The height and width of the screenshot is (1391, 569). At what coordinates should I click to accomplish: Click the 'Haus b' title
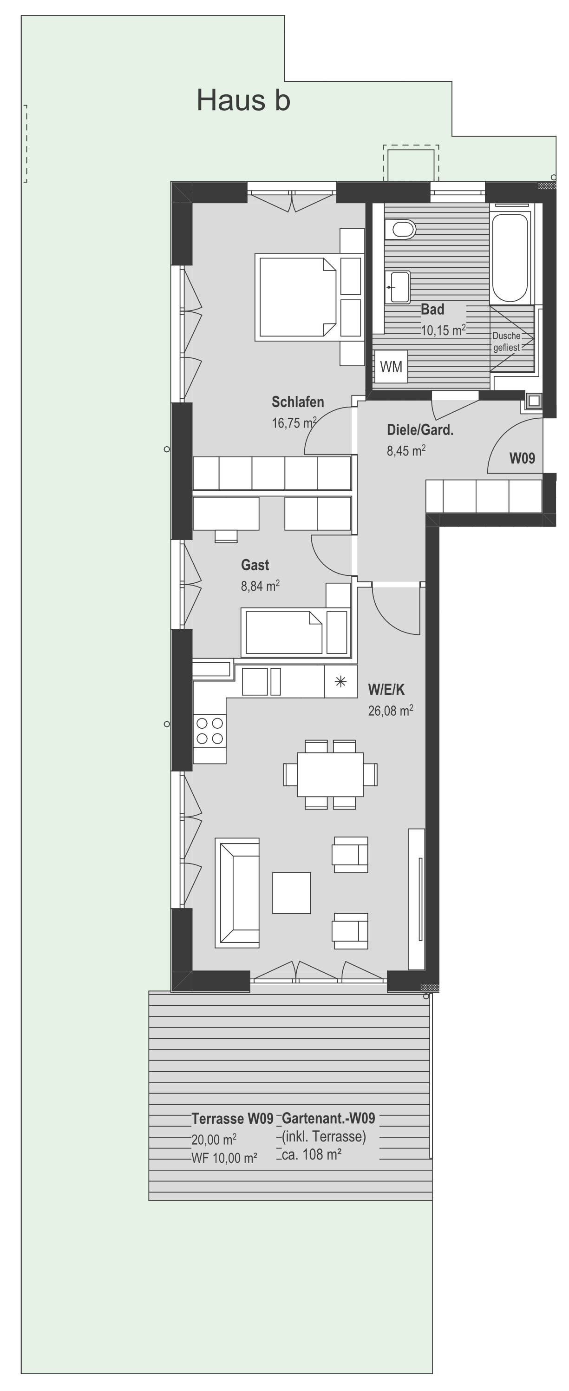[x=243, y=100]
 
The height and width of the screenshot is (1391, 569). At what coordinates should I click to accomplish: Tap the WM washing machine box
[x=391, y=367]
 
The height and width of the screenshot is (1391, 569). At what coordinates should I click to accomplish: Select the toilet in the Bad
[x=400, y=229]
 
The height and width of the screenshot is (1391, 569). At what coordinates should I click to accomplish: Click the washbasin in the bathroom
[x=398, y=287]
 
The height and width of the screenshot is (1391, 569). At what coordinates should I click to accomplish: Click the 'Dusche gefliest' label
[x=506, y=341]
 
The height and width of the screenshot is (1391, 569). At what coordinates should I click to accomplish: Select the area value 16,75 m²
[x=294, y=422]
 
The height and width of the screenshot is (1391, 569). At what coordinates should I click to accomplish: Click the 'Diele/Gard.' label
[x=420, y=430]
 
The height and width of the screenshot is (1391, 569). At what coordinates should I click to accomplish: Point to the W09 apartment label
[x=522, y=458]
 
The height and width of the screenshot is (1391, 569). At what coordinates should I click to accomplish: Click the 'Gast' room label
[x=255, y=565]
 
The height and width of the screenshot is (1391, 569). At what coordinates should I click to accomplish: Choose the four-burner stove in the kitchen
[x=209, y=730]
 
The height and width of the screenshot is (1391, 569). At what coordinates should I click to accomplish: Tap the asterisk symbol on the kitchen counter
[x=340, y=681]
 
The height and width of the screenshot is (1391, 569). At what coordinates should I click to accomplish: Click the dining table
[x=330, y=774]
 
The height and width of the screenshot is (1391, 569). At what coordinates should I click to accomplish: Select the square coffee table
[x=292, y=893]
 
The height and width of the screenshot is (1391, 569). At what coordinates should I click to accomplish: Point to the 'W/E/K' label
[x=386, y=689]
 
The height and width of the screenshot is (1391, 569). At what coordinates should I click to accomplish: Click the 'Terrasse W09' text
[x=232, y=1118]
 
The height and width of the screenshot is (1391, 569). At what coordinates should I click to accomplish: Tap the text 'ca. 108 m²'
[x=312, y=1154]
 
